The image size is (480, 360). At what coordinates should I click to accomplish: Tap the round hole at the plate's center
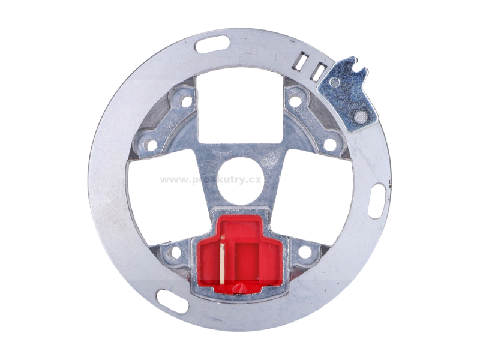pos(240,181)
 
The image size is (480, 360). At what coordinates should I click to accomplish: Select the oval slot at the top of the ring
pos(212,44)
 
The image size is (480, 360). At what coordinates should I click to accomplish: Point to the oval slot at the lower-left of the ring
pos(172,301)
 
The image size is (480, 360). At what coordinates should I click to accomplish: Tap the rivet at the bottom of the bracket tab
pos(361,117)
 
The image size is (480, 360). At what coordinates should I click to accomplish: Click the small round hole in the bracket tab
pos(335,82)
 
